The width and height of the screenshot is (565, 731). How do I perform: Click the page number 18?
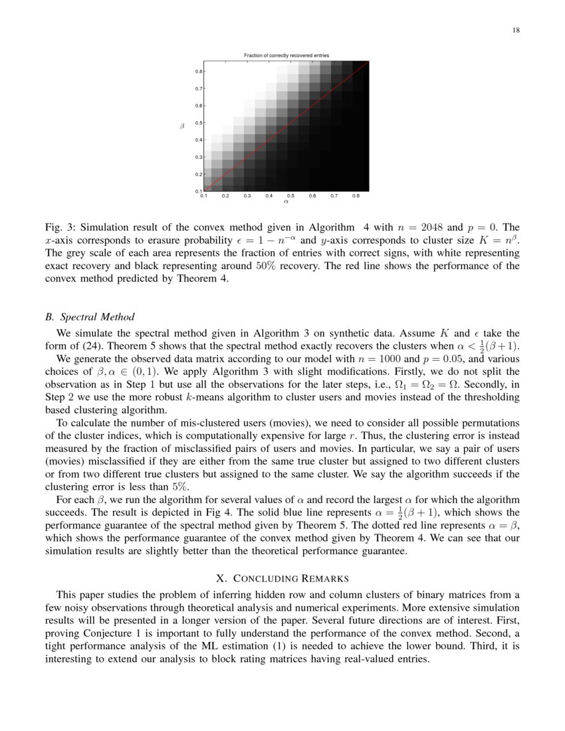pos(516,30)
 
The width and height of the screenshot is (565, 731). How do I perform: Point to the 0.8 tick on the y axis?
pos(199,71)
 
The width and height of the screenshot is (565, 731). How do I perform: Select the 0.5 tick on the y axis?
pos(199,123)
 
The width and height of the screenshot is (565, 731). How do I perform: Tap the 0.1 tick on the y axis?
pos(199,191)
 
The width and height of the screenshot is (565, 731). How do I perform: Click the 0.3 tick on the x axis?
pos(247,196)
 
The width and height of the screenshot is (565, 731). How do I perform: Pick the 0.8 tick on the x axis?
pos(356,196)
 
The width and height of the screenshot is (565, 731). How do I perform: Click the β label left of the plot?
pos(182,126)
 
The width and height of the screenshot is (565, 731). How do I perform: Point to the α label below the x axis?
pos(286,202)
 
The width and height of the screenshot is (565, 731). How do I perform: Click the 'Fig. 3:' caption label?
pos(60,227)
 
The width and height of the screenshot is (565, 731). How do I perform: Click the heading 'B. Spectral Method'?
pos(90,316)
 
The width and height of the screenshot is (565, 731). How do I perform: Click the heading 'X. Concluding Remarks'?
pos(282,578)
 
